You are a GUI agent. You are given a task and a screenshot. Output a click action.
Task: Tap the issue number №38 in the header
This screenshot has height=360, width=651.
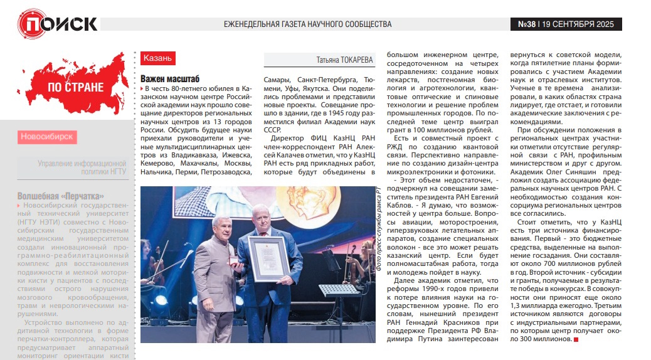click(527, 24)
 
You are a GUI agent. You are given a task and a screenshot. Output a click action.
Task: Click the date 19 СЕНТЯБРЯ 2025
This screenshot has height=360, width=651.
click(580, 24)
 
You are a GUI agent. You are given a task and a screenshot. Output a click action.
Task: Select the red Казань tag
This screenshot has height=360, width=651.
click(157, 58)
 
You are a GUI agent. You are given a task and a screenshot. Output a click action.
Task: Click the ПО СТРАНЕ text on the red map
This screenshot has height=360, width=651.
click(75, 87)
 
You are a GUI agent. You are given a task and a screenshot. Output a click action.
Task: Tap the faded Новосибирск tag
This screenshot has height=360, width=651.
click(46, 136)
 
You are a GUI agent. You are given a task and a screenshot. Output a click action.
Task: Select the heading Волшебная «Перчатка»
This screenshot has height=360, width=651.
click(60, 196)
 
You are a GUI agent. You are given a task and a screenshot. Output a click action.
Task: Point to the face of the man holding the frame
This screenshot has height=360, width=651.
click(260, 218)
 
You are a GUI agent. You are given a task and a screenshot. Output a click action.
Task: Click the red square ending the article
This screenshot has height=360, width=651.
click(576, 339)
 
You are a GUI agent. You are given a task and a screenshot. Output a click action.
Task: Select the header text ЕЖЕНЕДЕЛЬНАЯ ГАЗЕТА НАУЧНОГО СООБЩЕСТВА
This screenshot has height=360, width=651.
click(307, 24)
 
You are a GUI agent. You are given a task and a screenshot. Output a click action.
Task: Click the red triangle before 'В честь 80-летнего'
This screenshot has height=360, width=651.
click(142, 90)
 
